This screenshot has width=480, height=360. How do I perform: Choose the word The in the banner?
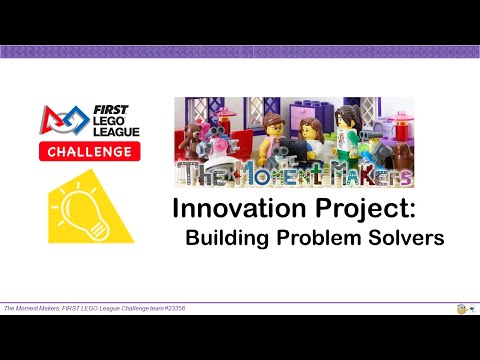pos(204,174)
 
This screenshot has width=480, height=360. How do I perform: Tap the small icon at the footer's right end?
pos(463,309)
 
